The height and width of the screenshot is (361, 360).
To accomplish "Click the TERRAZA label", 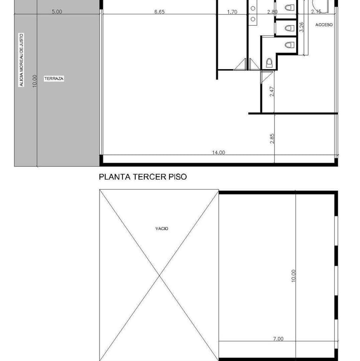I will pos(54,79).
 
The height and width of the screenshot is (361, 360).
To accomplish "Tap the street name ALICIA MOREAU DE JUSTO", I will pos(21,60).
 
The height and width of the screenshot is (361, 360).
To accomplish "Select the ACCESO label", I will pos(324,25).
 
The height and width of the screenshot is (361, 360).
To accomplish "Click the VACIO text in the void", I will pos(162,228).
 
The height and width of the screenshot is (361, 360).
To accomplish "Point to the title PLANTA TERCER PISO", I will pos(143,177).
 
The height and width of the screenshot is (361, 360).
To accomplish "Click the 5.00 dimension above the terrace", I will pos(57,12).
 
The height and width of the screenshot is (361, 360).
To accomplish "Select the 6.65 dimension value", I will pos(159,12).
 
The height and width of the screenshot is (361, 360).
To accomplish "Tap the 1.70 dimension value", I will pos(232,12).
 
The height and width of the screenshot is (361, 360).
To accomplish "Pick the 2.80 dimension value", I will pos(272,12).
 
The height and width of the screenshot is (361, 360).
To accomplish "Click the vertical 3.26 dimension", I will pos(302,27).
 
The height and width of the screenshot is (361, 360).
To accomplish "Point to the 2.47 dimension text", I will pos(272,91).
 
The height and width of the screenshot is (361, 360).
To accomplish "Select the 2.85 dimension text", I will pos(272,138).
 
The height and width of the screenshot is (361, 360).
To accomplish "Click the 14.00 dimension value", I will pos(218,152).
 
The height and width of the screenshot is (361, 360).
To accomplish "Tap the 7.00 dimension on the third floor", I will pos(278,339).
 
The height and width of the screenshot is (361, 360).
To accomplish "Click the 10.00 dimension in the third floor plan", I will pos(293,276).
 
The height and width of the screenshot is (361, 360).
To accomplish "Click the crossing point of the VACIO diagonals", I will pos(159,275).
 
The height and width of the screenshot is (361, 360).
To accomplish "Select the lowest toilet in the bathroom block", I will pos(269,63).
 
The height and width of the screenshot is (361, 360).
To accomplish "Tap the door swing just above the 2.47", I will pos(263,77).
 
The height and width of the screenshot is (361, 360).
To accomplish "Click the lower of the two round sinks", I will pos(253,19).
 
